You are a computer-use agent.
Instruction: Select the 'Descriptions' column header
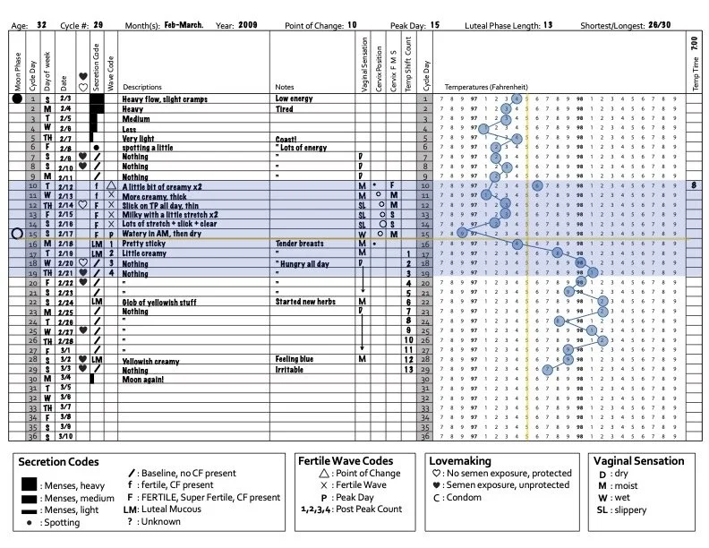(x=141, y=87)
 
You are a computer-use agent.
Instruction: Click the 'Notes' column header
(x=285, y=87)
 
